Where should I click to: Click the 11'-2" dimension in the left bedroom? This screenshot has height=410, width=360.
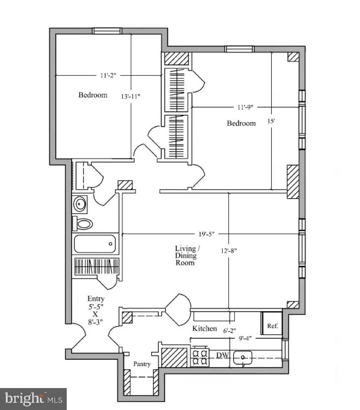[108, 76]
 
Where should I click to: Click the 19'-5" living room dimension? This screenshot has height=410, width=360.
[206, 233]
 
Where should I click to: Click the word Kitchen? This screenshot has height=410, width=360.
[205, 329]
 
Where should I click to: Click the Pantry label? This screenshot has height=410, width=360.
[141, 364]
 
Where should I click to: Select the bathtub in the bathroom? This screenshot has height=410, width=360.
[95, 244]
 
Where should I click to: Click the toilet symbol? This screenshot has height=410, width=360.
[83, 223]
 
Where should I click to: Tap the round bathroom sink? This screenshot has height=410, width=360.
[81, 205]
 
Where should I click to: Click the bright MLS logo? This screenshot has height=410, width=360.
[33, 398]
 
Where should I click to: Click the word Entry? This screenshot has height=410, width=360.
[96, 299]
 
